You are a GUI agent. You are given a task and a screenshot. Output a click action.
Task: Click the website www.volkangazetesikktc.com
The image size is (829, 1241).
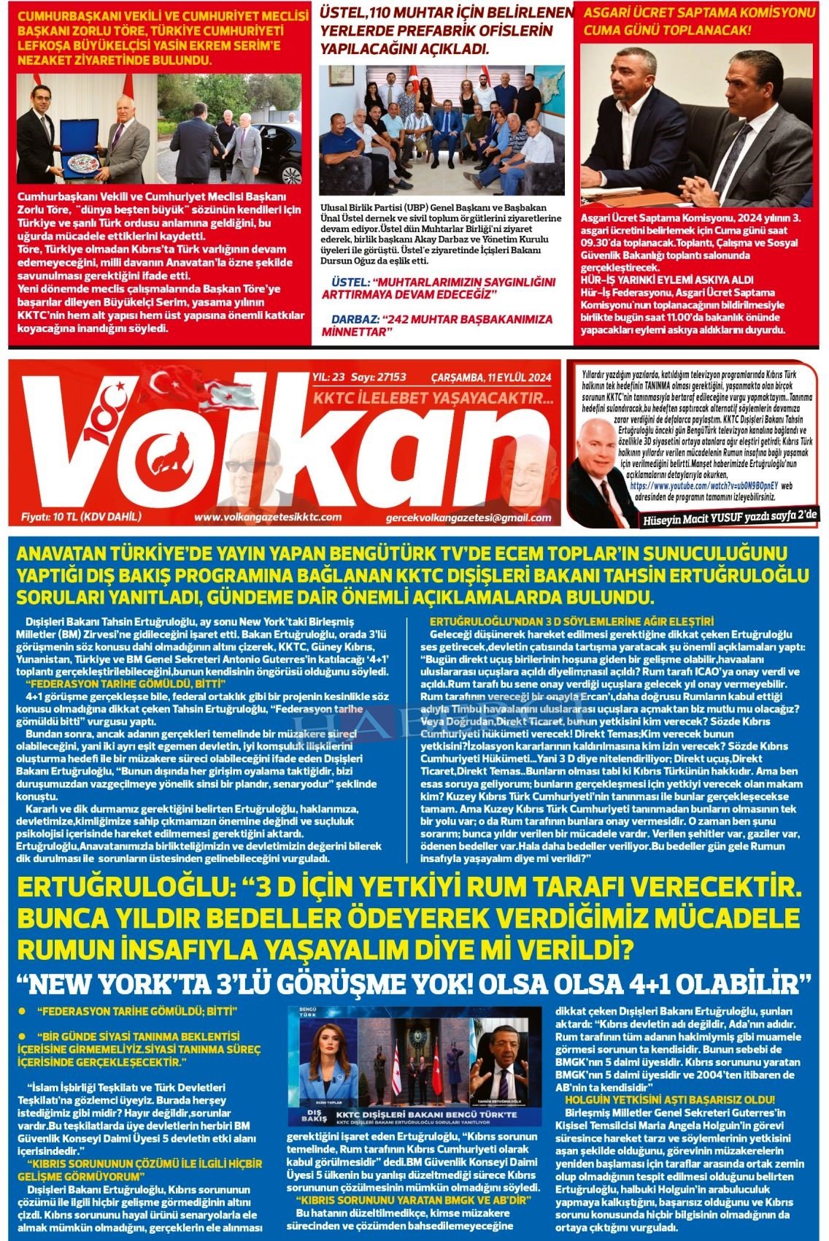[268, 517]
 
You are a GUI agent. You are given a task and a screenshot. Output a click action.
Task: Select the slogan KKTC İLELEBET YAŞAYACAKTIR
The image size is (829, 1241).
[433, 398]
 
